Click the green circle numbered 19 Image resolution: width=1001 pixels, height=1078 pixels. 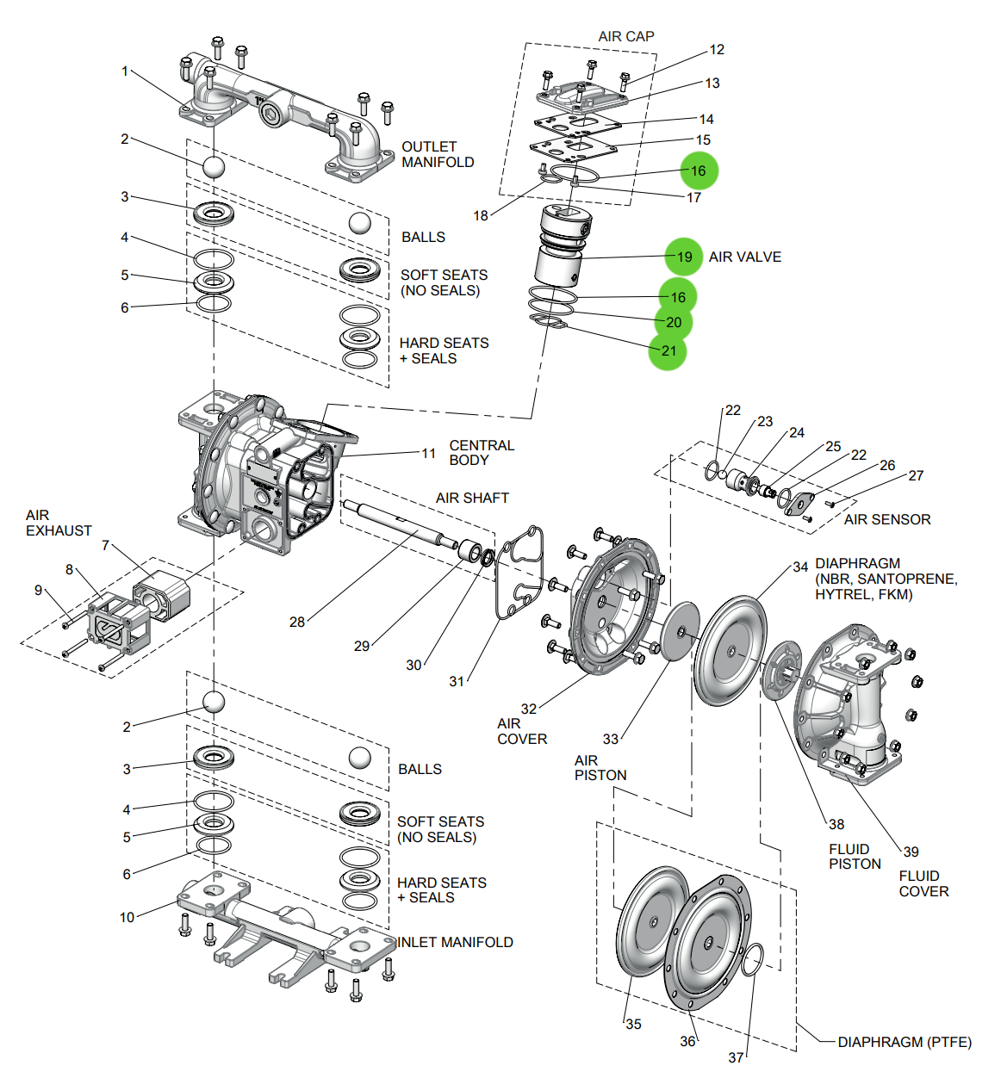(684, 257)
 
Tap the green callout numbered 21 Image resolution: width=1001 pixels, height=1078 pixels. (668, 350)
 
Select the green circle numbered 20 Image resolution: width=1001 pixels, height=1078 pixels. (674, 322)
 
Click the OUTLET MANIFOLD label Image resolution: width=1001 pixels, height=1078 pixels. (438, 154)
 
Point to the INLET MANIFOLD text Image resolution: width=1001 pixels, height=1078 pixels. (455, 942)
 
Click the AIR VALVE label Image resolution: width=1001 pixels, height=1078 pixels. (744, 257)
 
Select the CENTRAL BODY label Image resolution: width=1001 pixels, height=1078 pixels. (482, 452)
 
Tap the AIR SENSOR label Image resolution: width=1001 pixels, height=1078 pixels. (886, 519)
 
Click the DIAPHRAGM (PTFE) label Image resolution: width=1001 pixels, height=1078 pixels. (904, 1042)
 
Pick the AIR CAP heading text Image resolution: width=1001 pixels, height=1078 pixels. (626, 36)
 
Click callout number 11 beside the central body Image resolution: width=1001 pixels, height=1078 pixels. (428, 453)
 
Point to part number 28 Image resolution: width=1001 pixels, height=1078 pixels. (297, 622)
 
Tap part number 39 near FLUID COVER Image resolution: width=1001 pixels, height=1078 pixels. (911, 852)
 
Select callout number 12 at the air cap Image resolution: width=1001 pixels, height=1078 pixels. (717, 50)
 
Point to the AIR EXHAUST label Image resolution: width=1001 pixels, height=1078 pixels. (58, 523)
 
